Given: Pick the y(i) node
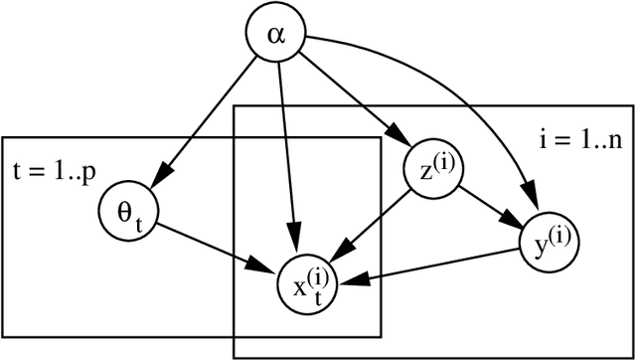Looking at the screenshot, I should [x=550, y=240].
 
